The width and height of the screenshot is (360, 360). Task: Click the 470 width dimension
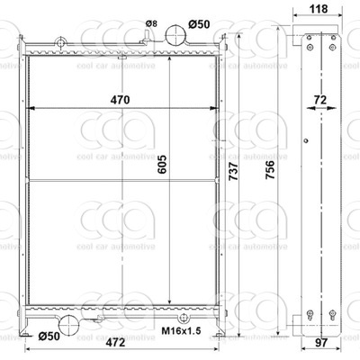click(120, 100)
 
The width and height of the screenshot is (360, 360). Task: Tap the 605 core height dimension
click(162, 165)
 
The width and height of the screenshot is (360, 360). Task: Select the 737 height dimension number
click(233, 171)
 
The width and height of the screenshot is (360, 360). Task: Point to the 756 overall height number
click(270, 170)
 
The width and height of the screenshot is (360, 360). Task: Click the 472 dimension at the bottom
click(115, 342)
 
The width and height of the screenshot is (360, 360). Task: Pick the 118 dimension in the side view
click(319, 9)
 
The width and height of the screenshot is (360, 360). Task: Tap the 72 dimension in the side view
click(320, 100)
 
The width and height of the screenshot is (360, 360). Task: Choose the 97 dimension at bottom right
click(320, 342)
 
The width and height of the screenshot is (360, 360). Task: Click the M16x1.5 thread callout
click(181, 331)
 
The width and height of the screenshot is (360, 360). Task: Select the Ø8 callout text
click(151, 23)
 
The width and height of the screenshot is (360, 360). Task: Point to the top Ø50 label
click(199, 24)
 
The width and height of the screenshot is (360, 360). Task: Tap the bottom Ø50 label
click(49, 336)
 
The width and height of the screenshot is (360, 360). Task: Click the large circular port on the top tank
click(175, 34)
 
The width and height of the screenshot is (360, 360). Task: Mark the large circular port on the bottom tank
click(69, 325)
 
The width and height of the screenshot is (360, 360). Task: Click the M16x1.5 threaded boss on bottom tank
click(183, 318)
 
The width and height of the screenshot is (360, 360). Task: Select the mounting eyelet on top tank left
click(61, 42)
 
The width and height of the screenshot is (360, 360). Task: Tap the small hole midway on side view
click(306, 140)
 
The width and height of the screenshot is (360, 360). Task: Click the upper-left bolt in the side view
click(309, 38)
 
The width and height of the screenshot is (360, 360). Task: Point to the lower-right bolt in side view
click(332, 314)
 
